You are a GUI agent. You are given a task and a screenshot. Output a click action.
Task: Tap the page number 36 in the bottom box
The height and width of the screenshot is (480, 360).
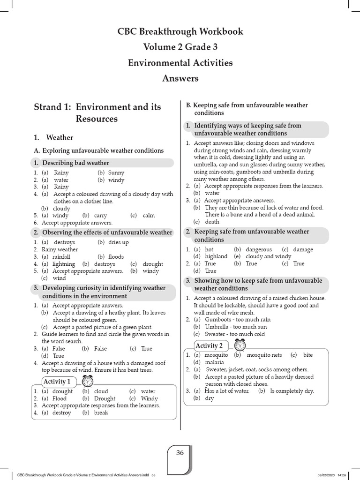pyautogui.click(x=180, y=452)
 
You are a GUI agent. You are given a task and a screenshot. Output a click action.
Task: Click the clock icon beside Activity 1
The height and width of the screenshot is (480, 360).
pyautogui.click(x=88, y=381)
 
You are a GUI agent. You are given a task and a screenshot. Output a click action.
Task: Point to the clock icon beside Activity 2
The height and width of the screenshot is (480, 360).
pyautogui.click(x=240, y=345)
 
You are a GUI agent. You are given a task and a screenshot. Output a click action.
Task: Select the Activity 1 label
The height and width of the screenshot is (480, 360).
pyautogui.click(x=57, y=381)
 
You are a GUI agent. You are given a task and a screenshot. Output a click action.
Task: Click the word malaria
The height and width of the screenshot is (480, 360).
pyautogui.click(x=214, y=362)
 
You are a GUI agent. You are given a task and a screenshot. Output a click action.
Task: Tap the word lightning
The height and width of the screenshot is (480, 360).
pyautogui.click(x=64, y=264)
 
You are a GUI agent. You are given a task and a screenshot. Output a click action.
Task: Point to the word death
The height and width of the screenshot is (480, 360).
pyautogui.click(x=212, y=222)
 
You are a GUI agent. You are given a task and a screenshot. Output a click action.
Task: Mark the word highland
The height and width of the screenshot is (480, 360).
pyautogui.click(x=216, y=256)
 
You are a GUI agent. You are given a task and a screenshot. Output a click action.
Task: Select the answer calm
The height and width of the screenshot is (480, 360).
pyautogui.click(x=149, y=216)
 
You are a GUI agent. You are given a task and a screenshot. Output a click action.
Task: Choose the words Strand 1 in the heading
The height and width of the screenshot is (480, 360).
pyautogui.click(x=52, y=107)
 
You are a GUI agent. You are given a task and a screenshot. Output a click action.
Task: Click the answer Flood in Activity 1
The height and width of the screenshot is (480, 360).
pyautogui.click(x=60, y=398)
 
